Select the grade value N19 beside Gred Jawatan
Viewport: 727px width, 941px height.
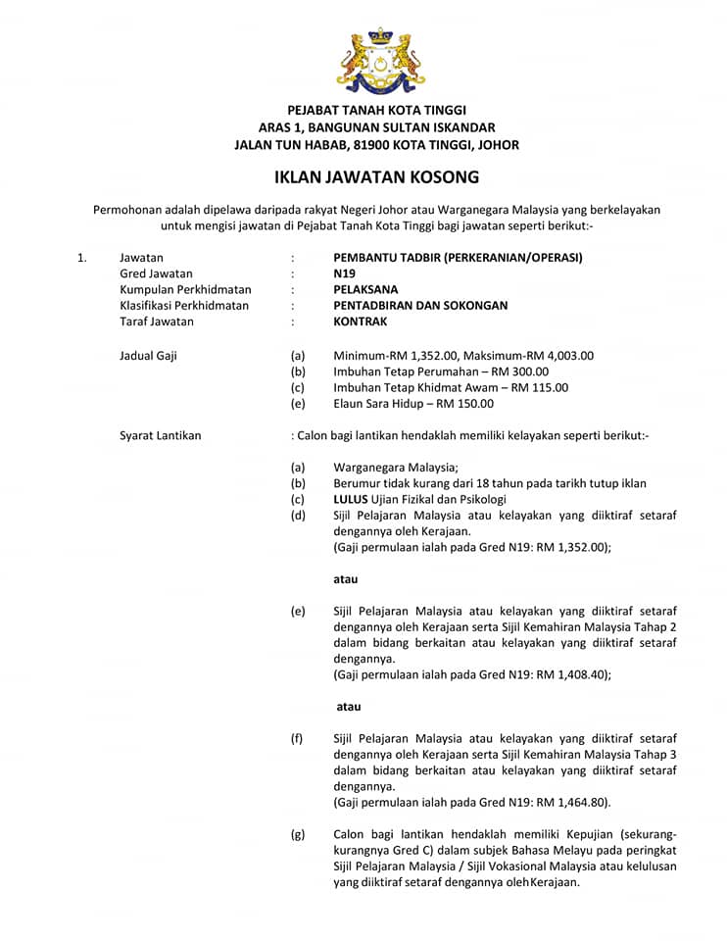(x=344, y=273)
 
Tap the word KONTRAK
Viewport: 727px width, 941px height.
(x=361, y=321)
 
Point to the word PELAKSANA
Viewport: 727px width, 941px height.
(x=365, y=289)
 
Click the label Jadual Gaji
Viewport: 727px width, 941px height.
(x=148, y=356)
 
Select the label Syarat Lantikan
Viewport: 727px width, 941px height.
(x=160, y=435)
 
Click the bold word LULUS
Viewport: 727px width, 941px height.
(x=350, y=499)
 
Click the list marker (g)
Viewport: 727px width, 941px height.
(x=298, y=834)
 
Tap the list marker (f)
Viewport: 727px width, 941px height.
(x=297, y=738)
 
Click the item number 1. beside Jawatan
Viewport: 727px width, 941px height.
(x=82, y=258)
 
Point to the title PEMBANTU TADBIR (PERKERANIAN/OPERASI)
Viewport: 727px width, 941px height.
(x=458, y=258)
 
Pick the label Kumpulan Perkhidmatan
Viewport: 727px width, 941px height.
(x=185, y=289)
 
